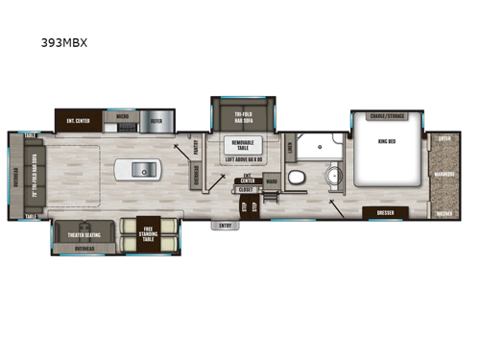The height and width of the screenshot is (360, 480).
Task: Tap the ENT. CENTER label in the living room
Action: pyautogui.click(x=79, y=122)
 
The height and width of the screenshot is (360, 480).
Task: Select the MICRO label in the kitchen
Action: pyautogui.click(x=122, y=115)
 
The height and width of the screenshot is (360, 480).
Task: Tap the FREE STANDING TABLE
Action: pyautogui.click(x=149, y=229)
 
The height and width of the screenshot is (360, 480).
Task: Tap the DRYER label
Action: pyautogui.click(x=444, y=138)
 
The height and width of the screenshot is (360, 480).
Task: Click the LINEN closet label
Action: pyautogui.click(x=290, y=147)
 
